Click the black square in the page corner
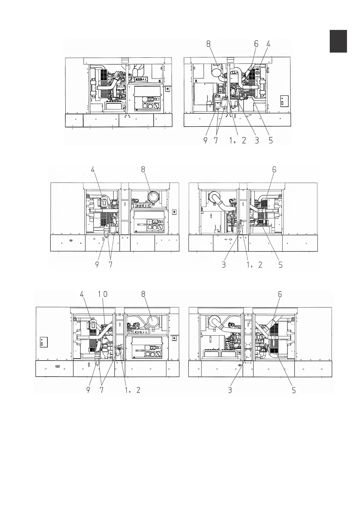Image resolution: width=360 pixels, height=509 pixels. [338, 41]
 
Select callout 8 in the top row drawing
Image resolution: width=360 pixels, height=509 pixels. [208, 44]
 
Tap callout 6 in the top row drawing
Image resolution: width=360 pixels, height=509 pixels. [256, 44]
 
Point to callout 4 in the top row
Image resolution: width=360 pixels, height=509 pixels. [268, 44]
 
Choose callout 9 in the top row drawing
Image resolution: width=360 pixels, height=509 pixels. [205, 141]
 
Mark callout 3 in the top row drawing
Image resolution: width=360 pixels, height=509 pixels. [257, 141]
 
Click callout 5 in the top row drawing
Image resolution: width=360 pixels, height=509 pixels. [271, 141]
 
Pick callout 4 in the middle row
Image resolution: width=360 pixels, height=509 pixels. [93, 170]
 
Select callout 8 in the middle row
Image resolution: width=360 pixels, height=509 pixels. [143, 170]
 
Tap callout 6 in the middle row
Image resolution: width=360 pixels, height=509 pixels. [274, 170]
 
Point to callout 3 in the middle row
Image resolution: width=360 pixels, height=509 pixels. [224, 264]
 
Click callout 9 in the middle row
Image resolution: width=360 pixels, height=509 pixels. [97, 264]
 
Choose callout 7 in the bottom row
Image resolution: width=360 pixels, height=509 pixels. [102, 390]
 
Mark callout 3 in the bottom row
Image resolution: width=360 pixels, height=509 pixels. [230, 390]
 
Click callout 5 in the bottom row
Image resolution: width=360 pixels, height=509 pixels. [293, 390]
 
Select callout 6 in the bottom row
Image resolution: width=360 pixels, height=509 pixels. [280, 294]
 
